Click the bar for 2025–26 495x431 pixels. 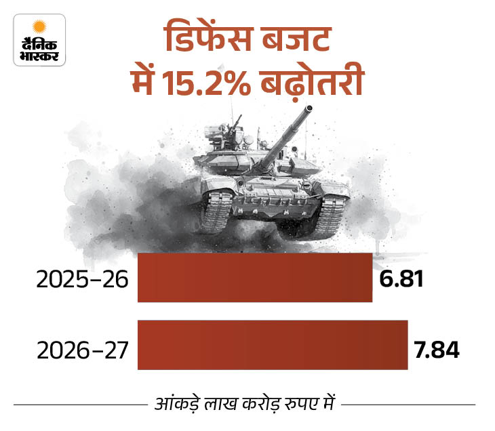(254, 278)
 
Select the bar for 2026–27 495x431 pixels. (272, 345)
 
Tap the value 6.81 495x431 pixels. (401, 279)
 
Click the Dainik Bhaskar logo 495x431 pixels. (39, 40)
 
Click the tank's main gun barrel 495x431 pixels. (285, 136)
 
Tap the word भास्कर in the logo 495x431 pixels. (39, 54)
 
